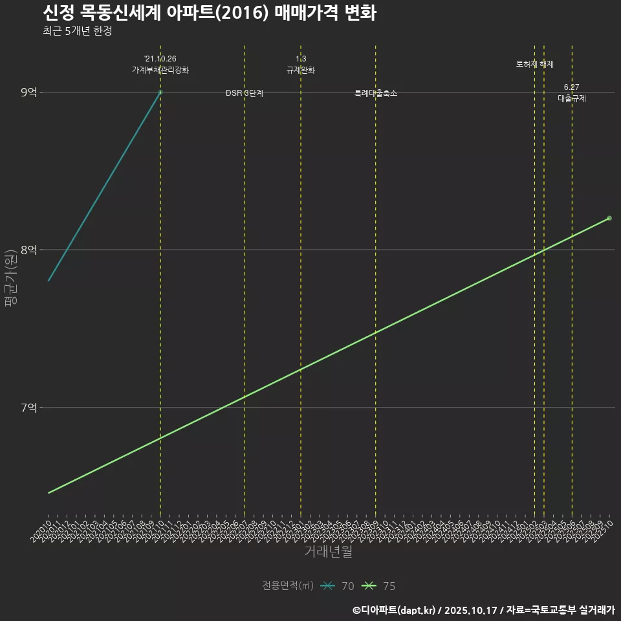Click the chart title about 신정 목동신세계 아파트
(209, 13)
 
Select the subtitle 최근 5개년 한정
(77, 31)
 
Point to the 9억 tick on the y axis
(28, 93)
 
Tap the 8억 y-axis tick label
(28, 250)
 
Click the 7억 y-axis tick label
(28, 408)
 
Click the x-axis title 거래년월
(329, 552)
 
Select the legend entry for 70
(338, 586)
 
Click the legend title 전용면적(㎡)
(288, 586)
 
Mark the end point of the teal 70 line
(160, 93)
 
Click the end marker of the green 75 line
(609, 218)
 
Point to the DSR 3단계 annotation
(245, 93)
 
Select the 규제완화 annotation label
(301, 70)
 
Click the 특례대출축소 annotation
(376, 93)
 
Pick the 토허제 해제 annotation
(535, 64)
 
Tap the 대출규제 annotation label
(572, 98)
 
